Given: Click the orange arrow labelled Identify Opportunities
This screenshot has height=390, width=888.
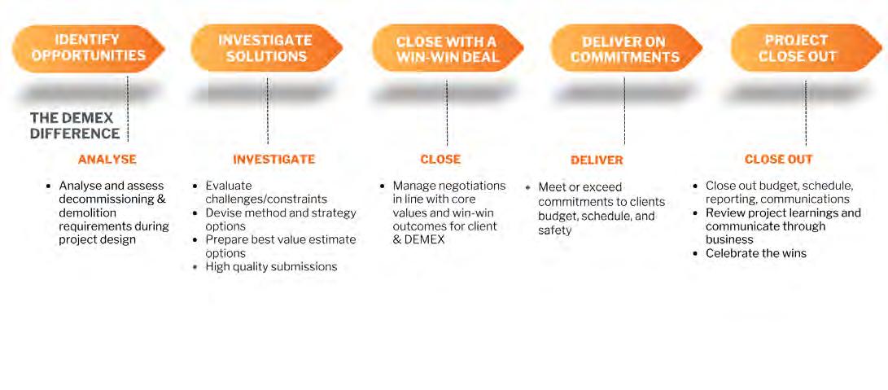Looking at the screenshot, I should [87, 47].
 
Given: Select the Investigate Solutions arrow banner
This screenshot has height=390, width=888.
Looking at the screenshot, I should [265, 48].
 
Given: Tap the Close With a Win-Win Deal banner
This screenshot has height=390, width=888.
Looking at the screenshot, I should [447, 48].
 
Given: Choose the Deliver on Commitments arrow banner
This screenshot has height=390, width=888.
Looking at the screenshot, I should [625, 49].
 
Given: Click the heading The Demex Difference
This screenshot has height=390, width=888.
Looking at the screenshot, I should [75, 125].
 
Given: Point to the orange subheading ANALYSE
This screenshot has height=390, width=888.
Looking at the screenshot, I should [107, 160].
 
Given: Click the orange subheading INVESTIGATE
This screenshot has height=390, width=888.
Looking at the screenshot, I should [274, 160].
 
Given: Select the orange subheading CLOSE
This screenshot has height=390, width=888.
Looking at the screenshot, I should [440, 160].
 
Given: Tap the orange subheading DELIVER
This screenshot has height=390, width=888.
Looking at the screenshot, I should [597, 160].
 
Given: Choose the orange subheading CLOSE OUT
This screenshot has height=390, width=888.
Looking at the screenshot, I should [778, 160].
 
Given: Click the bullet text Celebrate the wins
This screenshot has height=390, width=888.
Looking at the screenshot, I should [756, 253].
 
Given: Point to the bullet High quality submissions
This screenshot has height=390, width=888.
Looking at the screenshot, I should [271, 266].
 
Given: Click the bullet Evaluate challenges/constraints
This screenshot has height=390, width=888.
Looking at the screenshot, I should [265, 192].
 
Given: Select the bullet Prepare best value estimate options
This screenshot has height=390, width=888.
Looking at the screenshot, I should [281, 246].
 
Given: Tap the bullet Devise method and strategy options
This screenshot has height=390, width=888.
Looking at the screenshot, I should [281, 219].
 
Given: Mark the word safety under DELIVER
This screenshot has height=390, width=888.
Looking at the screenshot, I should [555, 230].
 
